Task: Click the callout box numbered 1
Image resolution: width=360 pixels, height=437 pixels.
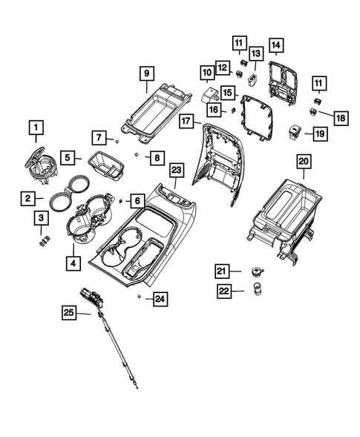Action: [x=35, y=128]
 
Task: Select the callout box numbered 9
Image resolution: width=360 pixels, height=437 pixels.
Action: [x=145, y=73]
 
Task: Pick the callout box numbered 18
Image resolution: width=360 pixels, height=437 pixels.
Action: [x=341, y=118]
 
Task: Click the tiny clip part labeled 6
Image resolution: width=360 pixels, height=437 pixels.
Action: [x=120, y=200]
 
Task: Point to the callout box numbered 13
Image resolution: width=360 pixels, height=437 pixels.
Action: [x=255, y=53]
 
